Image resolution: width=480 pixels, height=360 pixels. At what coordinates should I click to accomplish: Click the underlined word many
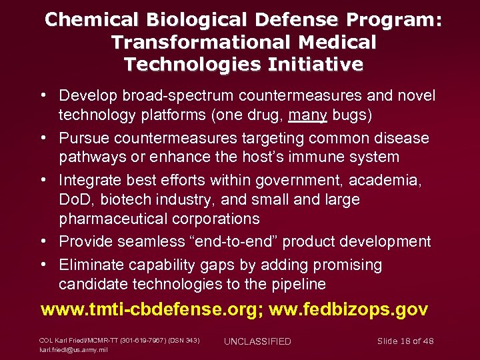tap(307, 115)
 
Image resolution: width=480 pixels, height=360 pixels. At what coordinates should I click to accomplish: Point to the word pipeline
tap(299, 284)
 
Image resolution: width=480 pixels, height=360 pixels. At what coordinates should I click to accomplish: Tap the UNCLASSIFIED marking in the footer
tap(257, 341)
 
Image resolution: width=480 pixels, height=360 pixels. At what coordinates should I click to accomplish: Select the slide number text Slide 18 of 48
tap(405, 341)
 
